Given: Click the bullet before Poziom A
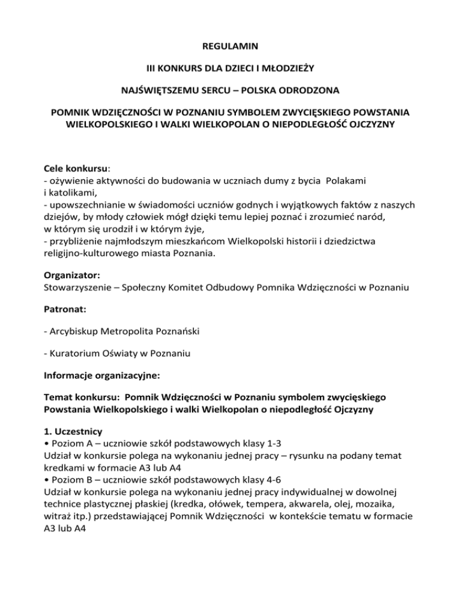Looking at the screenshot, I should (46, 443).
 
